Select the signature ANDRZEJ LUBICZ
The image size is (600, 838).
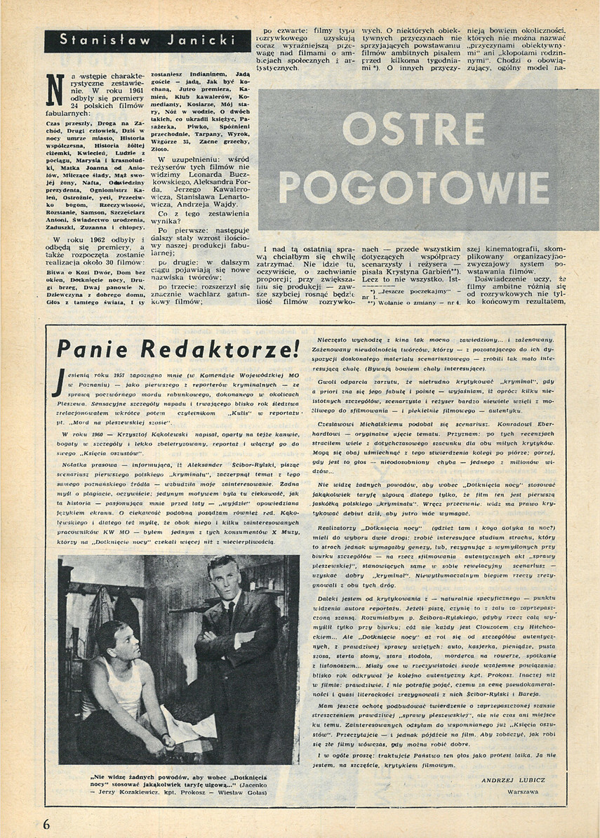(x=513, y=780)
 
